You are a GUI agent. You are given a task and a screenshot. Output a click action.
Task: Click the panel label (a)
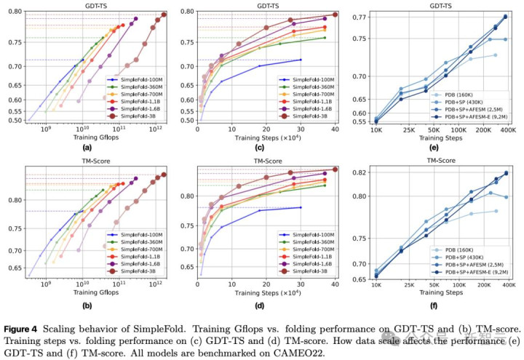[96, 149]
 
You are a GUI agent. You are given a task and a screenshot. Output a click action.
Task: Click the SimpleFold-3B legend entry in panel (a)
[138, 117]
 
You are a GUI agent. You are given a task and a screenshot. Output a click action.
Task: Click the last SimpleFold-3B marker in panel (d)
[335, 170]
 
